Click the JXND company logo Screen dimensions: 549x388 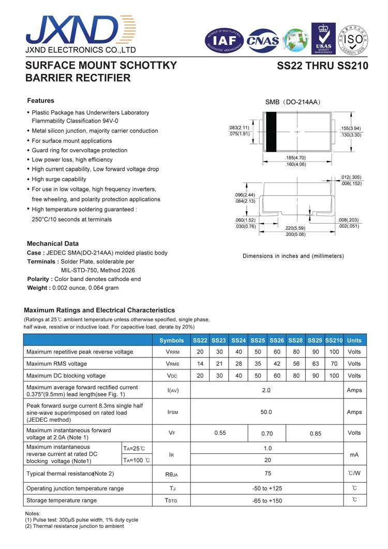pos(78,30)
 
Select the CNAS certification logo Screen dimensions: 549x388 pos(262,40)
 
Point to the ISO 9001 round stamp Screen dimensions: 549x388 pos(354,39)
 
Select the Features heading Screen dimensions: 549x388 pos(40,101)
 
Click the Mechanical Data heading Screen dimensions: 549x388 pos(53,244)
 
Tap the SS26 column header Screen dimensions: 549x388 pos(277,340)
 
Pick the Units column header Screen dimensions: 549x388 pos(354,340)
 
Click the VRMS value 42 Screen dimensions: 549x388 pos(277,364)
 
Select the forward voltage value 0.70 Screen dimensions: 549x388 pos(267,434)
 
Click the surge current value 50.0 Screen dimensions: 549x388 pos(266,412)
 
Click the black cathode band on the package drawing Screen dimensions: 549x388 pos(270,132)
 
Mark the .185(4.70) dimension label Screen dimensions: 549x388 pos(295,158)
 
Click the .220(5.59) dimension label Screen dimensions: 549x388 pos(295,228)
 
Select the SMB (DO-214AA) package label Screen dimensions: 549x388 pos(293,102)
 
